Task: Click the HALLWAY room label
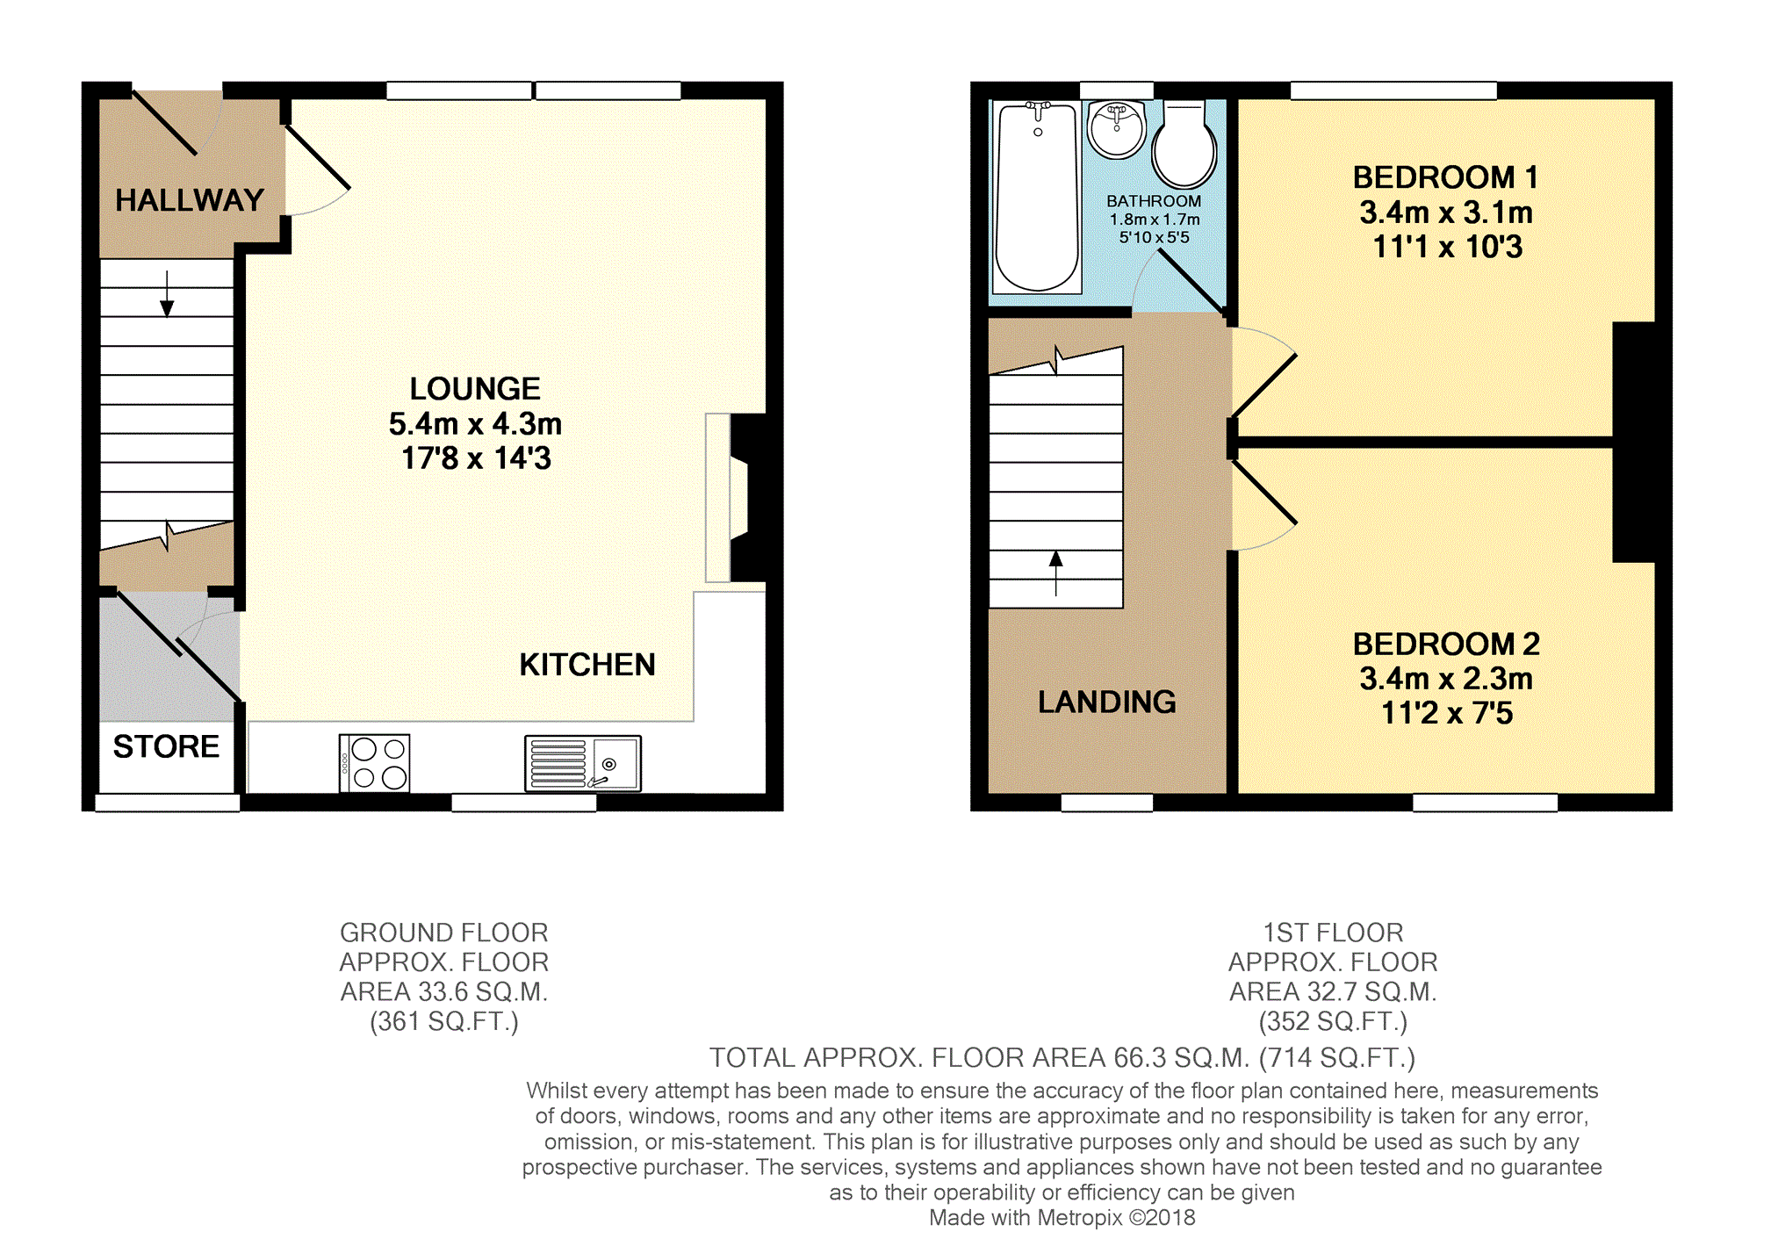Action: pyautogui.click(x=190, y=200)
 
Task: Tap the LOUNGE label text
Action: pyautogui.click(x=475, y=388)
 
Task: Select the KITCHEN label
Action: pyautogui.click(x=587, y=665)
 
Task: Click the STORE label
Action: pyautogui.click(x=166, y=746)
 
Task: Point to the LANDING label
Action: pyautogui.click(x=1107, y=702)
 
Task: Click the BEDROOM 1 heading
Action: pyautogui.click(x=1446, y=177)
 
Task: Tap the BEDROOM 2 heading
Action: pyautogui.click(x=1446, y=644)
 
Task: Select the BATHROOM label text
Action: pyautogui.click(x=1154, y=201)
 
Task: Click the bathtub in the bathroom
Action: pyautogui.click(x=1037, y=198)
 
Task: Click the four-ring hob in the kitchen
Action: pyautogui.click(x=374, y=763)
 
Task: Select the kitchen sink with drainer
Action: pyautogui.click(x=583, y=763)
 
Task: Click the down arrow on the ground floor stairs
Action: pyautogui.click(x=167, y=293)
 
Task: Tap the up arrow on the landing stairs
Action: pyautogui.click(x=1055, y=573)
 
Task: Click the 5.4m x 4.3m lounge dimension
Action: pyautogui.click(x=475, y=424)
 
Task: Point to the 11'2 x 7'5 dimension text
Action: pyautogui.click(x=1447, y=713)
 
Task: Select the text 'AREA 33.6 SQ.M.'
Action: pyautogui.click(x=444, y=992)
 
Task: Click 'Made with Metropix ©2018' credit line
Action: pyautogui.click(x=1062, y=1218)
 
